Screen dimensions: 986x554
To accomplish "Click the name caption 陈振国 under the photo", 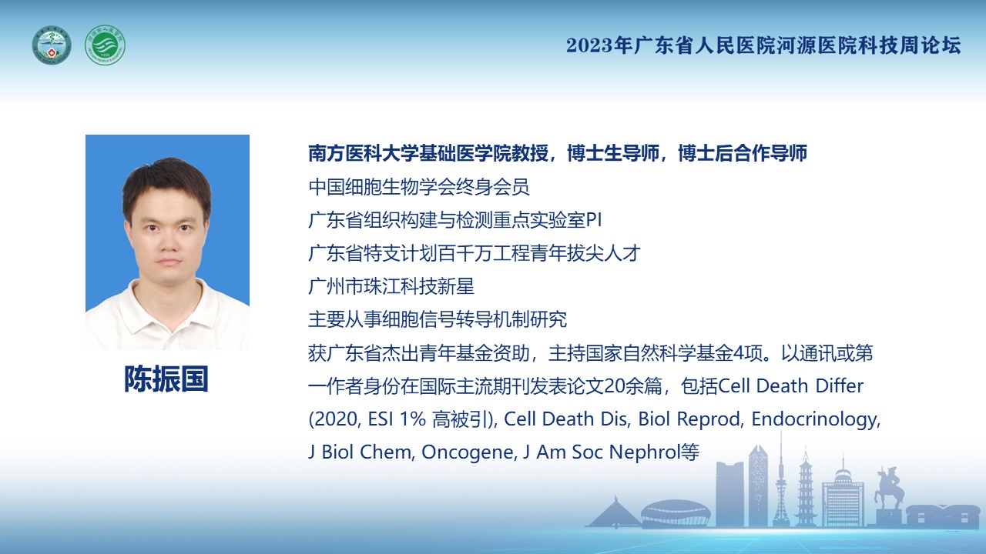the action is point(166,379).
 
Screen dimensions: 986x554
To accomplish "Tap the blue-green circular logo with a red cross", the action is point(52,45).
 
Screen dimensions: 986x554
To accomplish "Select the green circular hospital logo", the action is point(105,45).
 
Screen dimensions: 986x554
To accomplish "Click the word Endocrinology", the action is point(814,419).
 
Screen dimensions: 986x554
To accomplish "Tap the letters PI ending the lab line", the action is point(594,220).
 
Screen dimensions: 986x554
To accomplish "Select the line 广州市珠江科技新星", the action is point(391,286).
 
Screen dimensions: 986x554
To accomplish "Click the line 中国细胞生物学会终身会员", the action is point(418,187).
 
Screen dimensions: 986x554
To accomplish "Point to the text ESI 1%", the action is point(397,419).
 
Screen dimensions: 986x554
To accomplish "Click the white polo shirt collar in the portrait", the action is point(167,303).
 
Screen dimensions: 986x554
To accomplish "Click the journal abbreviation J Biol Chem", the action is point(360,452).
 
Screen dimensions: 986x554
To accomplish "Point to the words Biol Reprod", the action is point(689,419).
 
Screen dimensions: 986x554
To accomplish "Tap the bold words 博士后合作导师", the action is point(742,153).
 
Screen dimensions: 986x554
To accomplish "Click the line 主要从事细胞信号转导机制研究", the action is point(438,319).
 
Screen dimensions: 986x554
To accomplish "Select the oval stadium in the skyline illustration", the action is point(676,513).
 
